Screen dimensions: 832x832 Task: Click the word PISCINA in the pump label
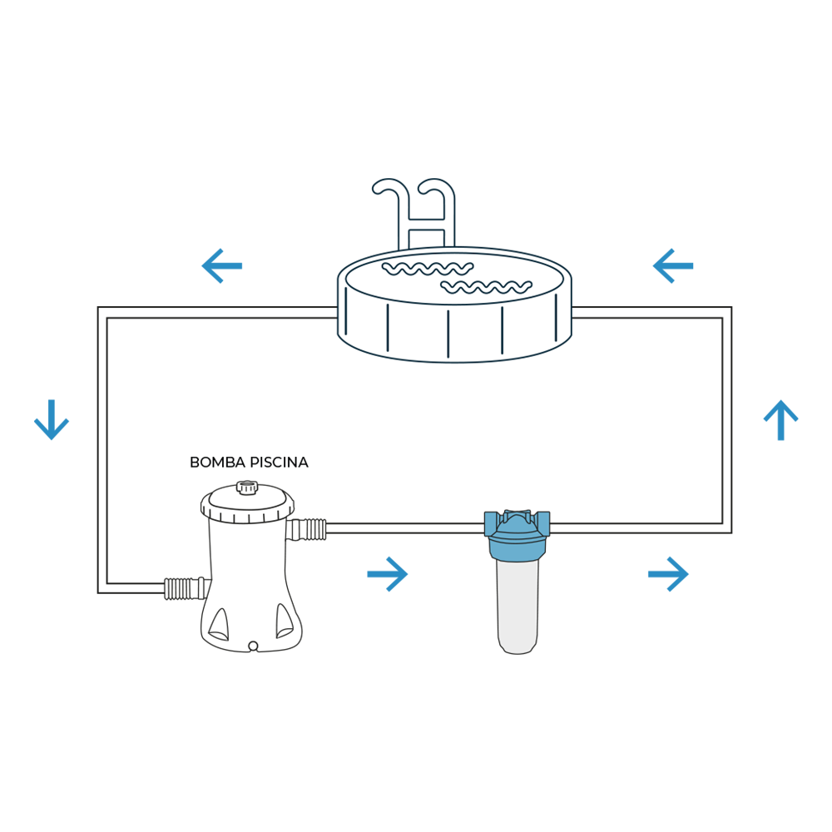[x=279, y=463]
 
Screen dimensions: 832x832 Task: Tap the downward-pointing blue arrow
[x=52, y=419]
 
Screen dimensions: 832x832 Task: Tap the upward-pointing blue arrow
[x=780, y=419]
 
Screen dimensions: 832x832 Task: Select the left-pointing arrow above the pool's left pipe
[x=222, y=266]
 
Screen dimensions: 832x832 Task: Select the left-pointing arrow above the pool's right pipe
[x=673, y=266]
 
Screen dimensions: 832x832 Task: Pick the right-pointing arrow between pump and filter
[x=388, y=573]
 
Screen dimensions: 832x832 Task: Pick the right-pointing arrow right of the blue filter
[x=668, y=573]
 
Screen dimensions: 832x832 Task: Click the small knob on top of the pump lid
[x=247, y=488]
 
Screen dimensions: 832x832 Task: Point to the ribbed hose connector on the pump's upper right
[x=306, y=529]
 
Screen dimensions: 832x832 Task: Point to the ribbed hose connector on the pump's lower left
[x=185, y=588]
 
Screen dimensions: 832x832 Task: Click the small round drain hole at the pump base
[x=253, y=646]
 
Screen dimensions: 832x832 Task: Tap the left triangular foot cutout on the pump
[x=219, y=625]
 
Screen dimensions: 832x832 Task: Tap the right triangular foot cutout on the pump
[x=284, y=621]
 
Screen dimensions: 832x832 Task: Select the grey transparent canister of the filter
[x=518, y=607]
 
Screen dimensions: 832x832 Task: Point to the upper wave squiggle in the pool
[x=428, y=269]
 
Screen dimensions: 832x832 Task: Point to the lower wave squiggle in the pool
[x=487, y=287]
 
